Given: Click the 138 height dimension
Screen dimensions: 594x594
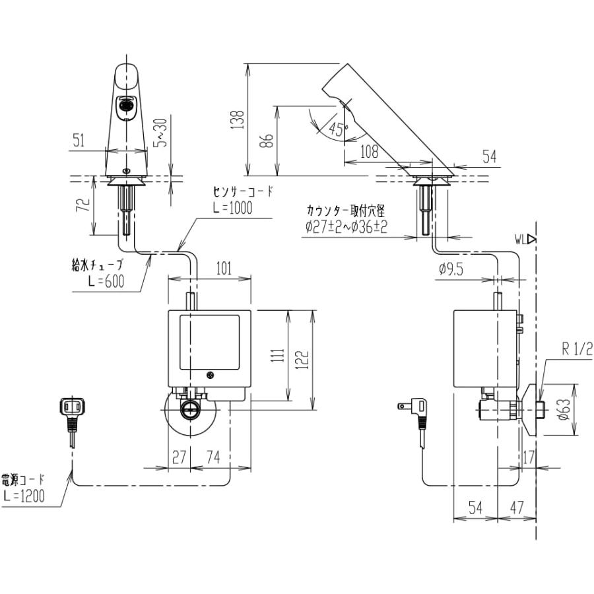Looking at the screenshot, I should point(240,119).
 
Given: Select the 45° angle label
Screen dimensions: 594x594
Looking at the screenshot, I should point(338,129).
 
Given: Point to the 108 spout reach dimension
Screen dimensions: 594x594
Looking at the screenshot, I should point(369,152).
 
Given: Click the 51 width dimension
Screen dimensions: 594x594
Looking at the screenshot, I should point(78,140).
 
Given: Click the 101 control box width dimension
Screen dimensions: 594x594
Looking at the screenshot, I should point(223,269).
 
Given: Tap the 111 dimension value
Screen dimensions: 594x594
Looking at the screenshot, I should point(280,356).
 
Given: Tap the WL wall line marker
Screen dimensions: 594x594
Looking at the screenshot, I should point(525,240).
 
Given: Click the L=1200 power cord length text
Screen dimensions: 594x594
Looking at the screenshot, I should point(24,497).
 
